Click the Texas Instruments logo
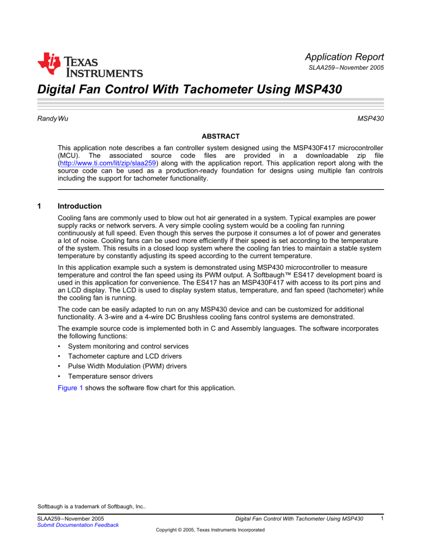click(x=90, y=65)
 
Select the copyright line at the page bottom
click(x=210, y=530)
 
